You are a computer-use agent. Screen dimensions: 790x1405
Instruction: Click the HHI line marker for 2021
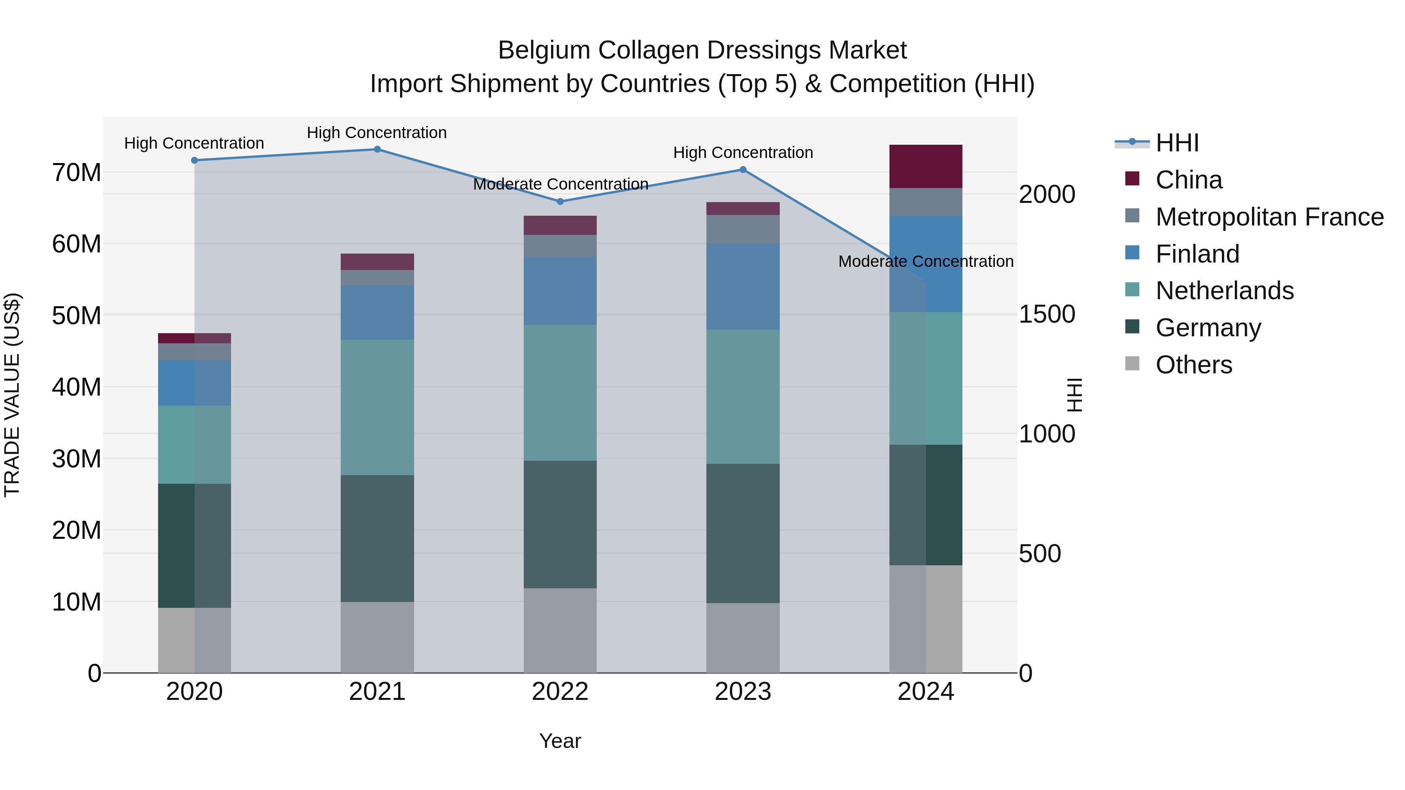coord(377,149)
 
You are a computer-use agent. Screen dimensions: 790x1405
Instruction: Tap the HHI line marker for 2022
coord(560,201)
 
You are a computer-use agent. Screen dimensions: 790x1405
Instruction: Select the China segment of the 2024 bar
coord(926,166)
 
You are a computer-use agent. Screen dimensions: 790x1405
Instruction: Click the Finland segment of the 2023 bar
coord(742,286)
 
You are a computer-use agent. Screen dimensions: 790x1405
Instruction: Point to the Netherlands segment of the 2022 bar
coord(560,392)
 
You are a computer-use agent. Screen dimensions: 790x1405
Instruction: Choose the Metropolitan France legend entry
coord(1269,217)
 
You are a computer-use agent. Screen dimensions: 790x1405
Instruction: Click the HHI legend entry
coord(1177,143)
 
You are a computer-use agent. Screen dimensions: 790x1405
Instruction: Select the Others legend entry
coord(1193,365)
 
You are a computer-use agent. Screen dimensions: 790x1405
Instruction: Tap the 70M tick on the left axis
coord(76,173)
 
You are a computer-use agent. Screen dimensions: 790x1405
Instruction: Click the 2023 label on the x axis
coord(742,692)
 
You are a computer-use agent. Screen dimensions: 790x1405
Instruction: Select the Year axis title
coord(560,741)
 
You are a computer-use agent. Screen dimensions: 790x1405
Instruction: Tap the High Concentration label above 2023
coord(742,153)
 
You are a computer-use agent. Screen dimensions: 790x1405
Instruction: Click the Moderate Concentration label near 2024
coord(926,262)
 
